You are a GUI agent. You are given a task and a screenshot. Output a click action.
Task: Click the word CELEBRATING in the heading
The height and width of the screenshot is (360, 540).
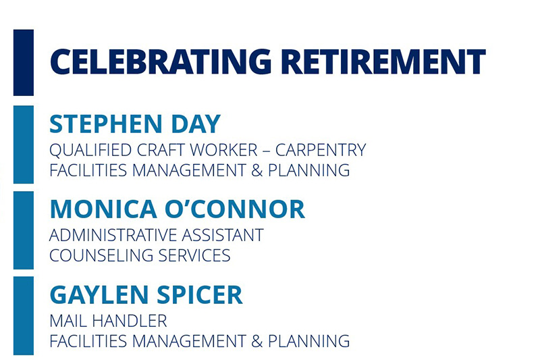tap(161, 61)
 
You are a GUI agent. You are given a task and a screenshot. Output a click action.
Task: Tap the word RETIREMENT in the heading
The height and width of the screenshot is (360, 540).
tap(383, 61)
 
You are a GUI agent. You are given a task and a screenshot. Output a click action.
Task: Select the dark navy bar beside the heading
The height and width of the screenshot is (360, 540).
tap(24, 62)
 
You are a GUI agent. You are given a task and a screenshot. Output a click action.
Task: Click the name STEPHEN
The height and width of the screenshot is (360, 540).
tap(106, 124)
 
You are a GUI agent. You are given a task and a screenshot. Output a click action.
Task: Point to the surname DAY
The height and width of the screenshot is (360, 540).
tap(196, 124)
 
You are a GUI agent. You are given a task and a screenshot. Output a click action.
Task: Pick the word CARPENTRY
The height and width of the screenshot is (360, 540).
tap(320, 150)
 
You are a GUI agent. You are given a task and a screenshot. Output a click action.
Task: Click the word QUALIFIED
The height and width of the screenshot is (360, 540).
tap(90, 150)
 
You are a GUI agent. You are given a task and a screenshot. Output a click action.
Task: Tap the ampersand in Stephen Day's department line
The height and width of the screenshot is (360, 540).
tap(256, 170)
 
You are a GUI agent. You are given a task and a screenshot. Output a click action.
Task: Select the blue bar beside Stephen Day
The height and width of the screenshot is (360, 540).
tap(24, 145)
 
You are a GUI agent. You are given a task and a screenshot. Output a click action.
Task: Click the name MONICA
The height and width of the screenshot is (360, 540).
tap(103, 209)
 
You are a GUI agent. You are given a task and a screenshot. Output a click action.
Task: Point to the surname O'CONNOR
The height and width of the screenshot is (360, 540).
tap(235, 209)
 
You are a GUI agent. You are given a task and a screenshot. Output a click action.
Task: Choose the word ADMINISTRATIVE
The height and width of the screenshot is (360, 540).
tap(113, 235)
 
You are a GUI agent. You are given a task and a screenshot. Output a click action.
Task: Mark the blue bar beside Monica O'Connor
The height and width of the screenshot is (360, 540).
tap(24, 230)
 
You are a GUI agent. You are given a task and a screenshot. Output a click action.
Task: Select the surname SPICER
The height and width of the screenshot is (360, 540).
tap(200, 294)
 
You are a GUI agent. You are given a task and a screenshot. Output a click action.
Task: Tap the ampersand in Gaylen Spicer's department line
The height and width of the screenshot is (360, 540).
tap(256, 341)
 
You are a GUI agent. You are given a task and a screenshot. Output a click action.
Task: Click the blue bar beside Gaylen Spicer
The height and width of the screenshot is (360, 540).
tap(24, 315)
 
